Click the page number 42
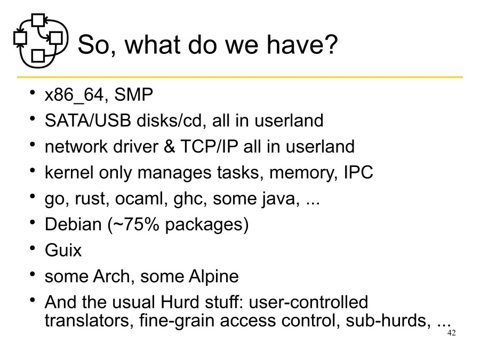451,333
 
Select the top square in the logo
37,20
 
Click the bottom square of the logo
38,55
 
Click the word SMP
134,95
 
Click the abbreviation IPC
358,172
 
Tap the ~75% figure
136,224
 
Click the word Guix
63,250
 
